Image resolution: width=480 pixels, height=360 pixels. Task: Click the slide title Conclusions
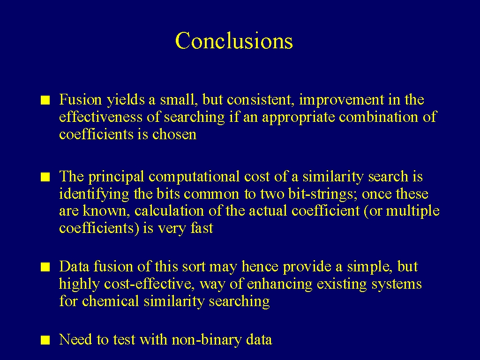pyautogui.click(x=234, y=40)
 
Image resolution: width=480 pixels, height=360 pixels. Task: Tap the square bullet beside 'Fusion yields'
pyautogui.click(x=45, y=100)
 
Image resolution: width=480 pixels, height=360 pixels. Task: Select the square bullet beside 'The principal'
pyautogui.click(x=45, y=177)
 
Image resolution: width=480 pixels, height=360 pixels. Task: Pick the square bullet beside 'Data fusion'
pyautogui.click(x=45, y=267)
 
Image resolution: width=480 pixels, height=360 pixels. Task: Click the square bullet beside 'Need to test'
pyautogui.click(x=45, y=340)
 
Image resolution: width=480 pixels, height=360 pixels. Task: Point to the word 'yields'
pyautogui.click(x=126, y=100)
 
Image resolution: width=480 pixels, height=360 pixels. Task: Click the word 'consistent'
pyautogui.click(x=259, y=100)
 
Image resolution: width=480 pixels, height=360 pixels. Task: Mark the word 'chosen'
pyautogui.click(x=174, y=134)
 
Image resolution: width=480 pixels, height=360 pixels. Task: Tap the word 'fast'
pyautogui.click(x=202, y=228)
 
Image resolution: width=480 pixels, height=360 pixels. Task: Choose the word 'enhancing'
pyautogui.click(x=279, y=285)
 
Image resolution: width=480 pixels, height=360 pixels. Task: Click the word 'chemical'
pyautogui.click(x=111, y=301)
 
